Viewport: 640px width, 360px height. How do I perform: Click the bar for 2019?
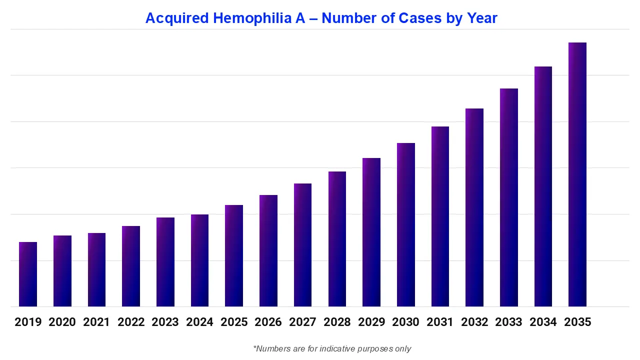click(x=28, y=274)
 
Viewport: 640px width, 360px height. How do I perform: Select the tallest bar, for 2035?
click(x=577, y=174)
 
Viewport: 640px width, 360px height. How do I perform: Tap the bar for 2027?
click(x=302, y=245)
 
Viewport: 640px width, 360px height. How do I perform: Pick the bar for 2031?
click(x=440, y=216)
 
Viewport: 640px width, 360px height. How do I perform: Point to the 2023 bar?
click(x=165, y=262)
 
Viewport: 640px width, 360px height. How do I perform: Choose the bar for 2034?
click(x=543, y=186)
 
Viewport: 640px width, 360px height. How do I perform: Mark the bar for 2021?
click(x=96, y=269)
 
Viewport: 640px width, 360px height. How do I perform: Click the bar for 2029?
click(x=371, y=232)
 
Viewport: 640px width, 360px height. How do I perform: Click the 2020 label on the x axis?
click(x=62, y=322)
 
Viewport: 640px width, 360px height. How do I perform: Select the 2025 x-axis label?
click(x=234, y=322)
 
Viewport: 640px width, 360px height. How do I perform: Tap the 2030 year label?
click(x=405, y=322)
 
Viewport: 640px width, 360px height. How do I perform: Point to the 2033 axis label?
click(x=508, y=322)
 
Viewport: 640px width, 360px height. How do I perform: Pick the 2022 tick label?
click(x=131, y=322)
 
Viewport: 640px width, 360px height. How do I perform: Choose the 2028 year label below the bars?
click(x=337, y=322)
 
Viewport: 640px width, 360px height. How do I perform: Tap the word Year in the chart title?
click(x=482, y=18)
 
